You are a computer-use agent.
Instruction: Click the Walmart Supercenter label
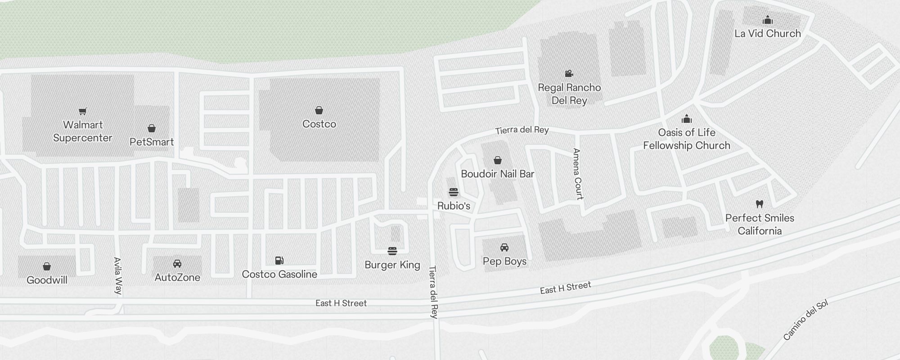83,131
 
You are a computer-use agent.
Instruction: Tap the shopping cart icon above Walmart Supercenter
82,111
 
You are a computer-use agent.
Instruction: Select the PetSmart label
152,142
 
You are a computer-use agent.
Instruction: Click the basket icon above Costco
319,110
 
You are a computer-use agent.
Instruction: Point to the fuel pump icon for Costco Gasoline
279,260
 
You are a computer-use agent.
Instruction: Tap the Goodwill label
47,280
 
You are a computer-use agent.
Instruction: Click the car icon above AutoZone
177,264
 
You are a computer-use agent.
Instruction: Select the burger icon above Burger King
392,251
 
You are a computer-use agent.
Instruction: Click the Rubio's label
454,206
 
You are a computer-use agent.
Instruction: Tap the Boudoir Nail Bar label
497,174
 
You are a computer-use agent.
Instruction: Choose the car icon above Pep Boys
504,247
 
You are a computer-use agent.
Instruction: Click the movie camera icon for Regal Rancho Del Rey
569,73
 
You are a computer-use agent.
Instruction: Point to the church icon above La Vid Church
768,20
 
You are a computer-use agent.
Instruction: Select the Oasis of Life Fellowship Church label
686,139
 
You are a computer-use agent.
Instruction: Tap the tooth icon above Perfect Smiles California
760,204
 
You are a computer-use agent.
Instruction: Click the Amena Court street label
578,174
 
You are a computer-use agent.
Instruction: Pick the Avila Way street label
117,276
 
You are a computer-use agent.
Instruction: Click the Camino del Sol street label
805,320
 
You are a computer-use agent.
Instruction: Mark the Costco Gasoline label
279,274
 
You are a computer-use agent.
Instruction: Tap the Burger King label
392,265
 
